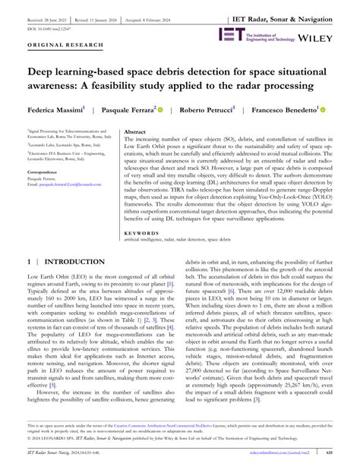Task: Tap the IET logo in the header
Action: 231,34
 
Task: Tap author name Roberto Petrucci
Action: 209,109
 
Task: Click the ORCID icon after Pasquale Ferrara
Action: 161,109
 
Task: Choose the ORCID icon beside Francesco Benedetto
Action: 323,109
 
